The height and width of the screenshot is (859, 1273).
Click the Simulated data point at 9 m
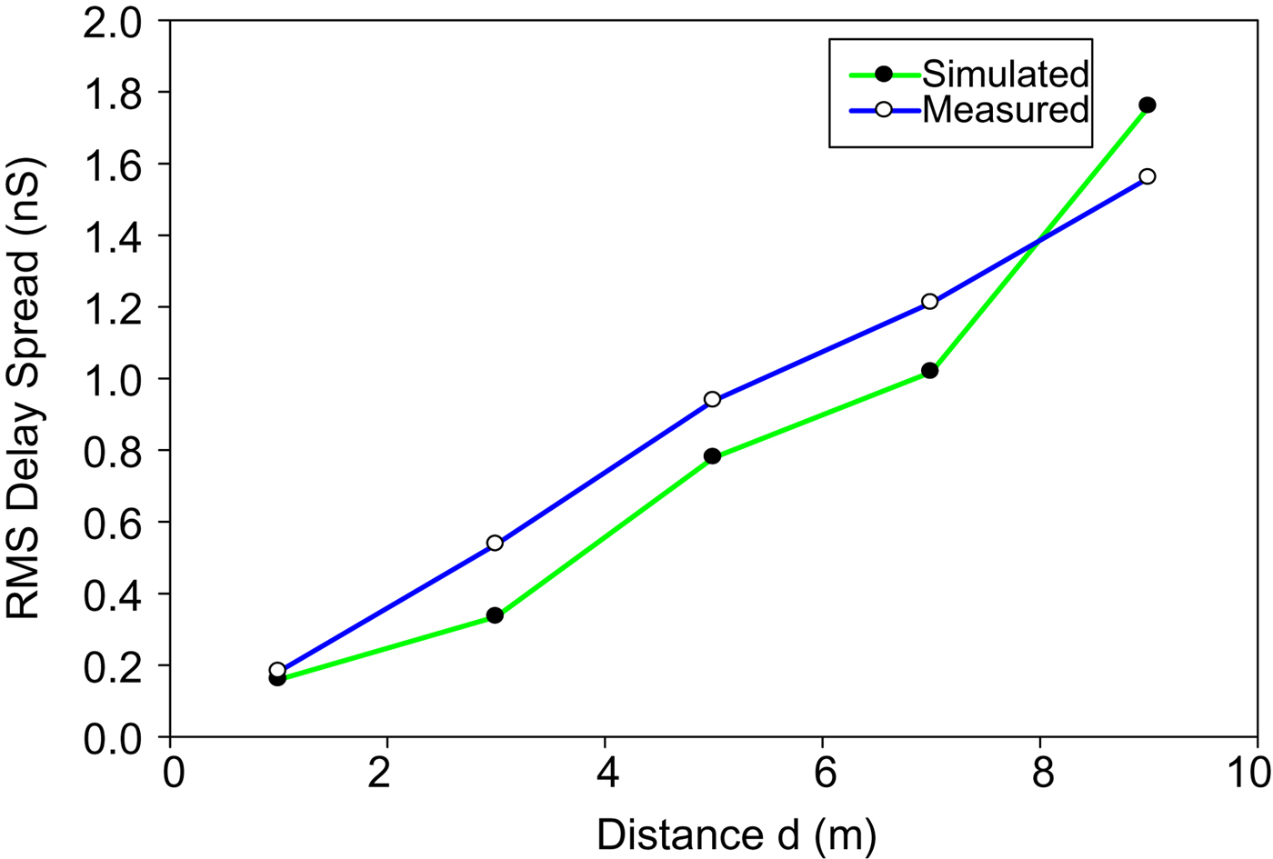[1148, 105]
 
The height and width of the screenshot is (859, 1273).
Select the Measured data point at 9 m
[1148, 176]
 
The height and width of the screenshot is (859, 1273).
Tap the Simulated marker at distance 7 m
[929, 371]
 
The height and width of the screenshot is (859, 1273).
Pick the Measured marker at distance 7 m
[929, 302]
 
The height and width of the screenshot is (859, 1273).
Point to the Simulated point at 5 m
[712, 456]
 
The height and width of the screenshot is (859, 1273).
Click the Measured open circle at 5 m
[712, 400]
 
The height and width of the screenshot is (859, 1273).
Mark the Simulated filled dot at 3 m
[495, 615]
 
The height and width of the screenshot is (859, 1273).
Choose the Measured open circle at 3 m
[495, 544]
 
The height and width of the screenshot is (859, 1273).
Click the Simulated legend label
[1005, 74]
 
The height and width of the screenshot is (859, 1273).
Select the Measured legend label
[1005, 110]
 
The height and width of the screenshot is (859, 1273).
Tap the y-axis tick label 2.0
[114, 22]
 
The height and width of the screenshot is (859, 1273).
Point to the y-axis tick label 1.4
[114, 235]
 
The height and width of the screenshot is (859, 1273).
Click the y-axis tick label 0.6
[114, 523]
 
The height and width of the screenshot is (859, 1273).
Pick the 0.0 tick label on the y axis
[114, 738]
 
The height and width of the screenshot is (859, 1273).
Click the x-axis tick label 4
[606, 774]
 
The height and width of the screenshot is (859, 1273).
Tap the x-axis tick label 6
[823, 774]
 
